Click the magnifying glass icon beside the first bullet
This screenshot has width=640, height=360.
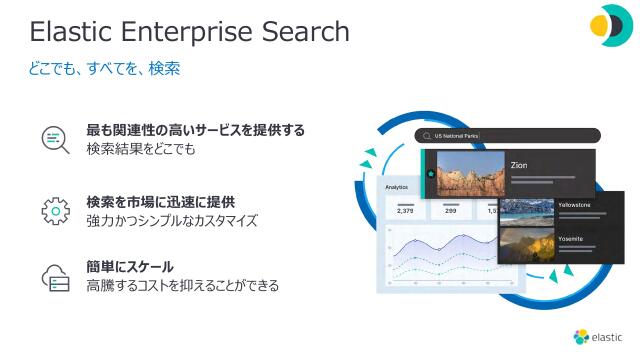point(54,139)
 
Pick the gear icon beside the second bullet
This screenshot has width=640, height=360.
point(54,210)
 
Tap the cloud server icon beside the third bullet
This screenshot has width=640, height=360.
point(54,277)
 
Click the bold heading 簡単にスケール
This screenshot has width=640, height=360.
point(131,267)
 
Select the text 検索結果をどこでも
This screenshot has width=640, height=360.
point(141,149)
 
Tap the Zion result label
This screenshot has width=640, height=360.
point(519,165)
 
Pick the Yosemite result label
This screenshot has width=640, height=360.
point(571,239)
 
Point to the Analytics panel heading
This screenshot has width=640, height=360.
point(397,186)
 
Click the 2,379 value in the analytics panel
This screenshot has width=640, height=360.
point(405,211)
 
